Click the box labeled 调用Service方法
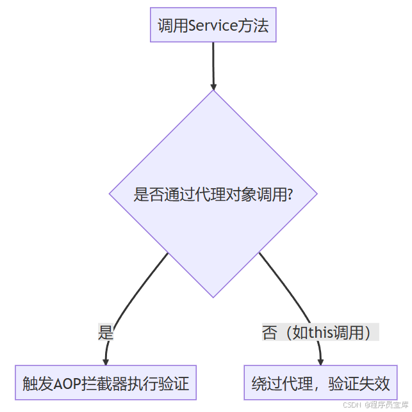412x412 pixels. tap(213, 26)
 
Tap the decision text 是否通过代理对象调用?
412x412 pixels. tap(213, 194)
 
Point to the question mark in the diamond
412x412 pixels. tap(290, 194)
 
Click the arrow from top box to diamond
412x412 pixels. tap(213, 64)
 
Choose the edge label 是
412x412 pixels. tap(105, 332)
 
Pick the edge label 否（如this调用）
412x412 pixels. tap(320, 332)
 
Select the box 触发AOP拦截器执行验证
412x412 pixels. tap(105, 384)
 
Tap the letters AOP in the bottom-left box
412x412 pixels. tap(67, 384)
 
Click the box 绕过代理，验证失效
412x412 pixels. tap(320, 384)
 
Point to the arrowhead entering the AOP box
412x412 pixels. tap(106, 361)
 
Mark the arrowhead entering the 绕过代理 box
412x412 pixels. tap(320, 361)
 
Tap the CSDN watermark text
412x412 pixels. tap(354, 404)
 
